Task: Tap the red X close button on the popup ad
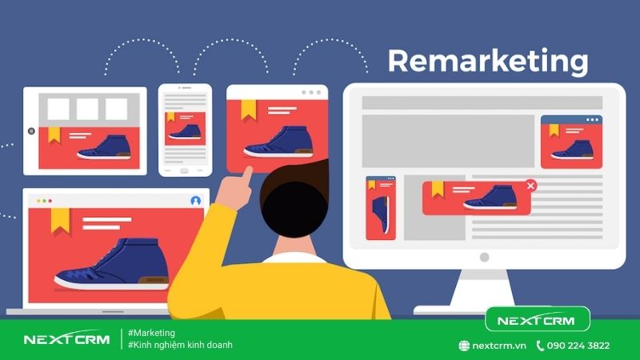tap(530, 186)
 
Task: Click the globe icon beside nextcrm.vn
tap(464, 346)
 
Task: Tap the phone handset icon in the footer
tap(541, 346)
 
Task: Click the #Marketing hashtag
tap(151, 333)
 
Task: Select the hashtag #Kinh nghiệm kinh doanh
tap(180, 345)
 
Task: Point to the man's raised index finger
tap(247, 172)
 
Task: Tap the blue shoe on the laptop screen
tap(112, 264)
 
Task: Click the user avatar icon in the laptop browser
tap(195, 200)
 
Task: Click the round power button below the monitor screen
tap(483, 257)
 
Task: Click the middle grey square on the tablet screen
tap(87, 109)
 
